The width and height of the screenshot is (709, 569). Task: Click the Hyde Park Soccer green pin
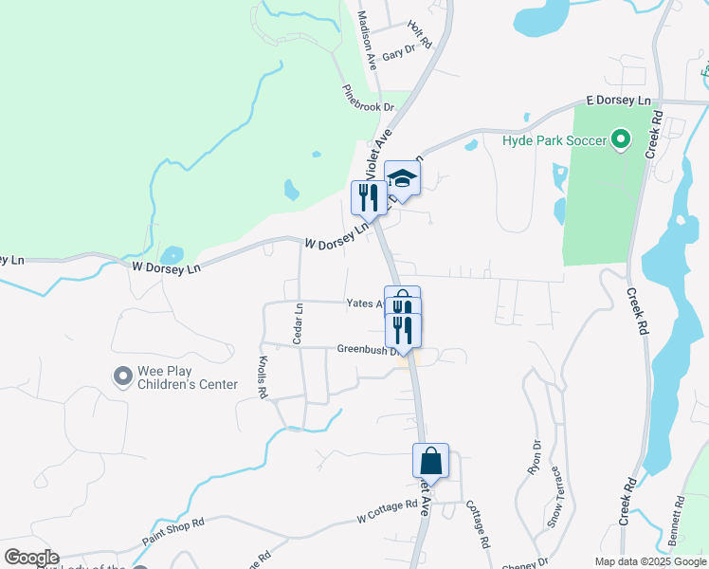(x=621, y=141)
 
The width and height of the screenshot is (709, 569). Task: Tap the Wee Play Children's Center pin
(x=122, y=377)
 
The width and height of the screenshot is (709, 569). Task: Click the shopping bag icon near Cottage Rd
(x=430, y=461)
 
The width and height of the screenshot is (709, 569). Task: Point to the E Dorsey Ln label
(x=619, y=100)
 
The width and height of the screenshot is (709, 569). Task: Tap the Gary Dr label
(x=400, y=53)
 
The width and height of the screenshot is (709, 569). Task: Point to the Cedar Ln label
(x=299, y=323)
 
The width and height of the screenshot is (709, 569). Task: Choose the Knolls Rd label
(x=263, y=377)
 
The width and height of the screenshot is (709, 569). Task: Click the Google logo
(x=31, y=558)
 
